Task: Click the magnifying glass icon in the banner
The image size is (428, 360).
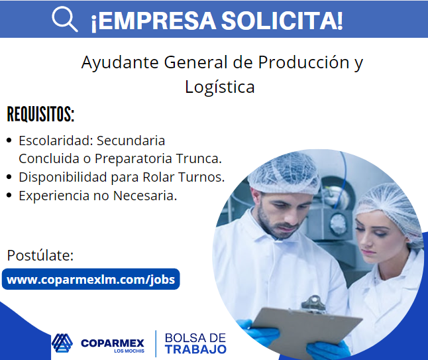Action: pyautogui.click(x=65, y=19)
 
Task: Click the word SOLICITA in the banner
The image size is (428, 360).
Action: pyautogui.click(x=282, y=21)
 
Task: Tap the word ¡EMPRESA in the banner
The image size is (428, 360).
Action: pyautogui.click(x=154, y=21)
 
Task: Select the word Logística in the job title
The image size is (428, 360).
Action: pyautogui.click(x=220, y=87)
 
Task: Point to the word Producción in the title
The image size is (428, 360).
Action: pyautogui.click(x=303, y=62)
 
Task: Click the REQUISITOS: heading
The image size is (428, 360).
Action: pyautogui.click(x=40, y=114)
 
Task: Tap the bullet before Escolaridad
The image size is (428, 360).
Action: pyautogui.click(x=9, y=141)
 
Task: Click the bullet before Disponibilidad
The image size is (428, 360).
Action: pyautogui.click(x=9, y=177)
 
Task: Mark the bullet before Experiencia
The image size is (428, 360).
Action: pyautogui.click(x=9, y=196)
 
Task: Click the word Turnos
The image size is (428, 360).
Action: pyautogui.click(x=201, y=177)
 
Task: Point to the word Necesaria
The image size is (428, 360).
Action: pyautogui.click(x=145, y=196)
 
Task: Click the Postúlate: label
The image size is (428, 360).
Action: pyautogui.click(x=40, y=256)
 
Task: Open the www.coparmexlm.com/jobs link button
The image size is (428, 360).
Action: pyautogui.click(x=91, y=279)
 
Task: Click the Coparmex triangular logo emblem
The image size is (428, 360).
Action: pyautogui.click(x=62, y=343)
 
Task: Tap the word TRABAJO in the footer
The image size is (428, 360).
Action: pyautogui.click(x=195, y=349)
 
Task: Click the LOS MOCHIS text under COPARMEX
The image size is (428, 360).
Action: pyautogui.click(x=129, y=351)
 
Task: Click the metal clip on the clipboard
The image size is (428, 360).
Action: pyautogui.click(x=314, y=304)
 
